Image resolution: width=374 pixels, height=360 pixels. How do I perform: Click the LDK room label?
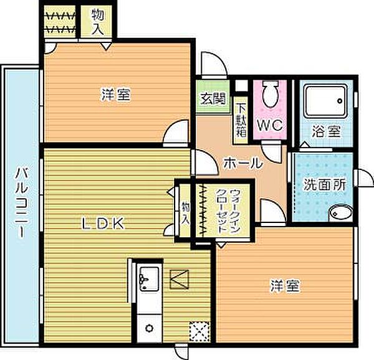tap(103, 224)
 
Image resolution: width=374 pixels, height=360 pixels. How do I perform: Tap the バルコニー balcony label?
tap(21, 202)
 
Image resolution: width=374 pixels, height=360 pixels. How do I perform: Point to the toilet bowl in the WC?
tap(271, 94)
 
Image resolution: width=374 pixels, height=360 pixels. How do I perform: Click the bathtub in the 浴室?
tap(326, 102)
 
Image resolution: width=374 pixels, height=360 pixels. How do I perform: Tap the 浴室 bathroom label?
tap(326, 132)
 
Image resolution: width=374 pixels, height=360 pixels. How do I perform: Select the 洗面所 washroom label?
tap(324, 184)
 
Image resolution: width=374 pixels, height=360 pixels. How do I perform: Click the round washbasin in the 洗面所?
tap(340, 213)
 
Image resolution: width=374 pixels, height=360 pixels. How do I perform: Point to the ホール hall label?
tap(243, 163)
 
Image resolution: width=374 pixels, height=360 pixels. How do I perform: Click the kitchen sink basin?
tap(149, 279)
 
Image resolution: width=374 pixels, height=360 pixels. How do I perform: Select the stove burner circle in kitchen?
tap(150, 329)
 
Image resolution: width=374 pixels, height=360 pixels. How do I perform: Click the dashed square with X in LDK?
tap(199, 331)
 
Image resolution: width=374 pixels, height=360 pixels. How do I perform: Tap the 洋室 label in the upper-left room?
tap(116, 94)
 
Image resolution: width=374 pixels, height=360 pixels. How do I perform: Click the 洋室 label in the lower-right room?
tap(285, 286)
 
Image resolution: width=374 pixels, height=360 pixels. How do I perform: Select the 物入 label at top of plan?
tap(98, 21)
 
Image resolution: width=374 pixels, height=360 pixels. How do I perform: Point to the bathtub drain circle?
tap(340, 101)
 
